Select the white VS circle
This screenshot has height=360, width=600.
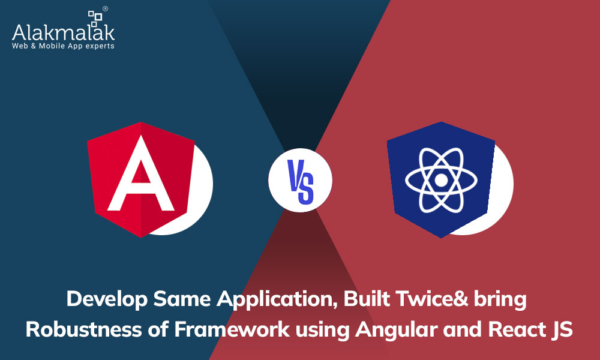(x=301, y=180)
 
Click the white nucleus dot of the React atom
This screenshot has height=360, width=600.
(x=441, y=180)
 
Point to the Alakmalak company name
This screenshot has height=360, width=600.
(x=63, y=32)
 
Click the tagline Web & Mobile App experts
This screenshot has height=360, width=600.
(x=63, y=46)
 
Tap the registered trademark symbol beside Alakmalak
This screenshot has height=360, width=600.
(x=105, y=8)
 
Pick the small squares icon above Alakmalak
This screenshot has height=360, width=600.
(x=95, y=18)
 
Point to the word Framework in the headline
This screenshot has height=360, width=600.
(x=232, y=329)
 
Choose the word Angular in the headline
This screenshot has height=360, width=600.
(x=396, y=331)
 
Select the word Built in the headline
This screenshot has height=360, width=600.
(x=367, y=298)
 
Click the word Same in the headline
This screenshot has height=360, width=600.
(x=182, y=298)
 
